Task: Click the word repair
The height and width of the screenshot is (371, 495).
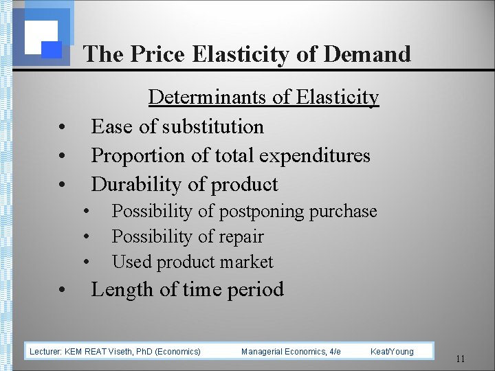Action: (239, 236)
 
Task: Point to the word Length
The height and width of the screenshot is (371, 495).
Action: (121, 289)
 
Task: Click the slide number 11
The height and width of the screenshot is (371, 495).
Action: (461, 358)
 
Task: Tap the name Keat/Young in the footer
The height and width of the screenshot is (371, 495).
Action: (392, 352)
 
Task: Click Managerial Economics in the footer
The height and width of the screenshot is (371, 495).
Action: (282, 352)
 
